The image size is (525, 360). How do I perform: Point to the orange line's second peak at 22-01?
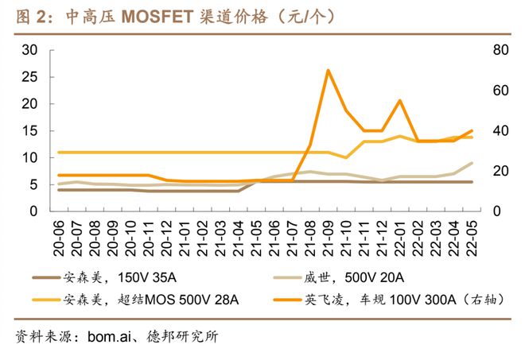[x=399, y=101]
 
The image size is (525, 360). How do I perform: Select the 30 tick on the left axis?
[x=30, y=50]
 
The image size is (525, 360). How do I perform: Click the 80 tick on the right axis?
[x=500, y=50]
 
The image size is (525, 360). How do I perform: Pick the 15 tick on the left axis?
[x=30, y=131]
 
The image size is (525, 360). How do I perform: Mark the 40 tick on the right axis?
[x=500, y=131]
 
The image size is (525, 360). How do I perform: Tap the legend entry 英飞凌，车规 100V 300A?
[x=395, y=300]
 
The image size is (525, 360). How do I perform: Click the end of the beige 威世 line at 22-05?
[x=471, y=163]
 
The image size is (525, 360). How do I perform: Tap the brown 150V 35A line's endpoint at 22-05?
[x=471, y=182]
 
